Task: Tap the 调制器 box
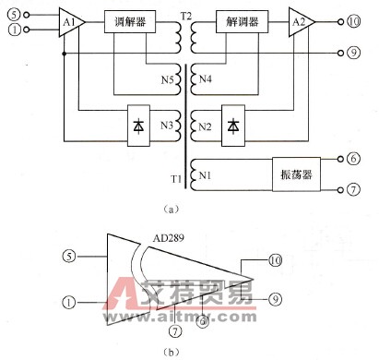128,20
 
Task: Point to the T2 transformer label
186,17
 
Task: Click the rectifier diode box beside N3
139,123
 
